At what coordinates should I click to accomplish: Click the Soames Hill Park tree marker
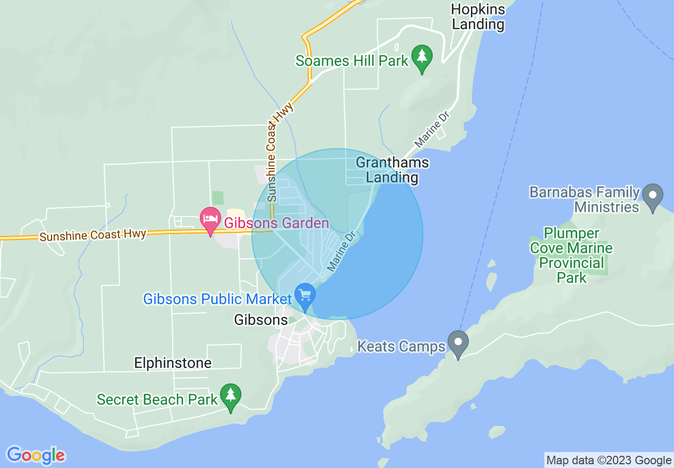422,58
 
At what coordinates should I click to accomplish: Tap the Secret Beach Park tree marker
230,397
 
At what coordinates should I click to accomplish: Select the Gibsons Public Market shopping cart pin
305,296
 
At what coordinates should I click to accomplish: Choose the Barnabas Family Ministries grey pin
653,196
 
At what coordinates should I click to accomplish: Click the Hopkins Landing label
477,16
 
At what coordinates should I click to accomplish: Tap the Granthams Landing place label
392,170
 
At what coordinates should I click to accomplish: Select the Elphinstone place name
173,363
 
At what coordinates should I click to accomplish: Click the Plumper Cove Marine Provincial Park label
571,255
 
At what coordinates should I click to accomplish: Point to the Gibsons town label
261,320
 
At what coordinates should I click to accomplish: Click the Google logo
36,455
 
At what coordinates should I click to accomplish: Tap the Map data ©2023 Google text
609,461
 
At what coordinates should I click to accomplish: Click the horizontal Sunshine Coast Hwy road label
92,235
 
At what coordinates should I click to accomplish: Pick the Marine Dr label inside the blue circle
341,250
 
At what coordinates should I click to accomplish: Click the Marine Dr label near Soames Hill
432,131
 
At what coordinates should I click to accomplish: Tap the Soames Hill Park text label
352,61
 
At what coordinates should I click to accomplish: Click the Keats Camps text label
401,347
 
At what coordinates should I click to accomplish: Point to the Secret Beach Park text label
157,399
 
